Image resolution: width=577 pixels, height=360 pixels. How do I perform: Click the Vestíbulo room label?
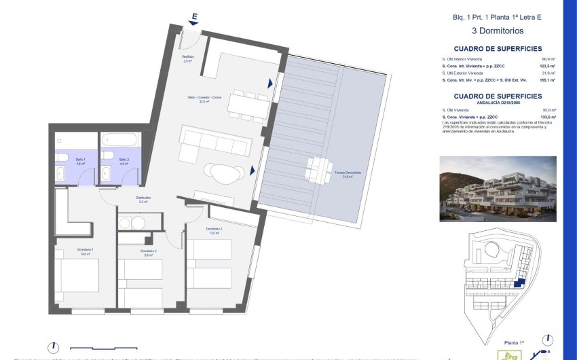(188, 58)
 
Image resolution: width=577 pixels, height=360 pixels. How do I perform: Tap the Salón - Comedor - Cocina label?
(204, 98)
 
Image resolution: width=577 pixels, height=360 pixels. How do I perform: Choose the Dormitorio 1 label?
(85, 251)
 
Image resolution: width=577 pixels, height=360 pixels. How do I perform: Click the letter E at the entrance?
(195, 16)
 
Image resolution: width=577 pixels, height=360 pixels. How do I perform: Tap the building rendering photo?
(498, 189)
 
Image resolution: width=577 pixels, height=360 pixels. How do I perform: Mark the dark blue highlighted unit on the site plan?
(520, 282)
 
